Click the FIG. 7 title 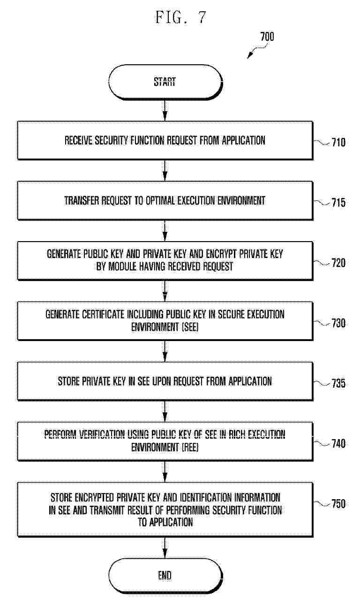[180, 17]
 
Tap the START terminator [165, 82]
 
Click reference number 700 [267, 37]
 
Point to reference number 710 [338, 142]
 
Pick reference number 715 [338, 203]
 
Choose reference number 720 [338, 263]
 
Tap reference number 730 [338, 323]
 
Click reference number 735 [338, 383]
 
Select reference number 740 [338, 443]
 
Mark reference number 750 [338, 504]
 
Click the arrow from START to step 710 [165, 110]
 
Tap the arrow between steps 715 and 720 [165, 230]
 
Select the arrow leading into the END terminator [165, 547]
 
